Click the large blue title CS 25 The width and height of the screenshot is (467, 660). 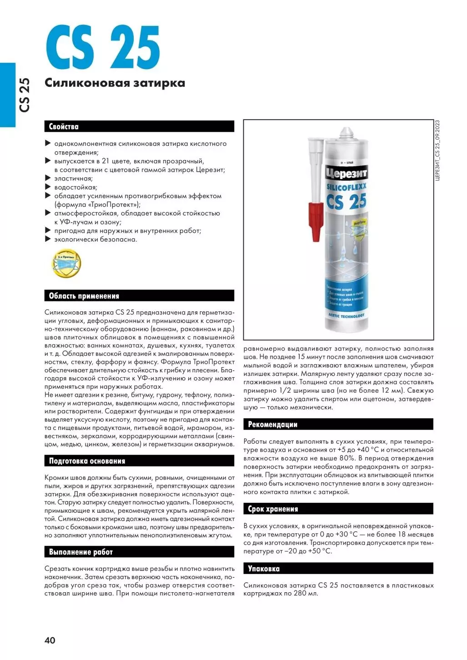103,47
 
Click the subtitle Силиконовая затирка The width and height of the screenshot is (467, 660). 115,83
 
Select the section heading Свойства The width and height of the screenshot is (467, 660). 64,127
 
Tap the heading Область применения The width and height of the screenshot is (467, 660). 84,296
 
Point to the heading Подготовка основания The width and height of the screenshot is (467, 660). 87,461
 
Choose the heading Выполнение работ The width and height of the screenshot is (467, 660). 80,552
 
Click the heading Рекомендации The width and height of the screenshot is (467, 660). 272,425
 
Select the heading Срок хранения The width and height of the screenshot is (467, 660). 273,509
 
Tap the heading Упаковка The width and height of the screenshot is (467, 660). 264,569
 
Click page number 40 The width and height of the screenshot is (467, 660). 50,640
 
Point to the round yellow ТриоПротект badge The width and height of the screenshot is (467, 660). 66,263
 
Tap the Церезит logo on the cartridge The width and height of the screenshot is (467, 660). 346,173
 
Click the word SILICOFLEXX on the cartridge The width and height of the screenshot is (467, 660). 346,186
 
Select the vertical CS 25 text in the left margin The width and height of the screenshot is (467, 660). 24,95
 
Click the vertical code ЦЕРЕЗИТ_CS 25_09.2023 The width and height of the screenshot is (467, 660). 437,150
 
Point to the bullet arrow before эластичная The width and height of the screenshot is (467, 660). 48,178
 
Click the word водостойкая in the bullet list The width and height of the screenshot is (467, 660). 75,187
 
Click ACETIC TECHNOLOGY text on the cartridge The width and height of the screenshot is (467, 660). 346,315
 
